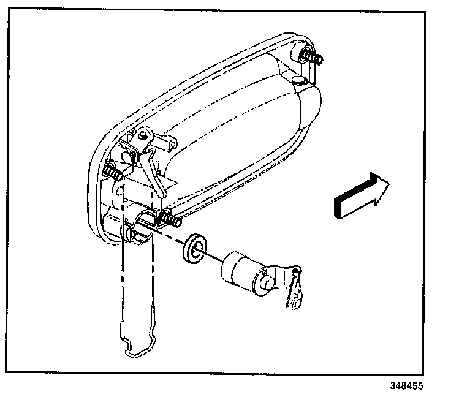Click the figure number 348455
coord(406,387)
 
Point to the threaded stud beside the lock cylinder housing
coord(170,217)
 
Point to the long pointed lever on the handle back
coord(156,175)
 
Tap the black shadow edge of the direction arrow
coord(336,208)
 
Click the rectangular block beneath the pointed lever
coord(169,187)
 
